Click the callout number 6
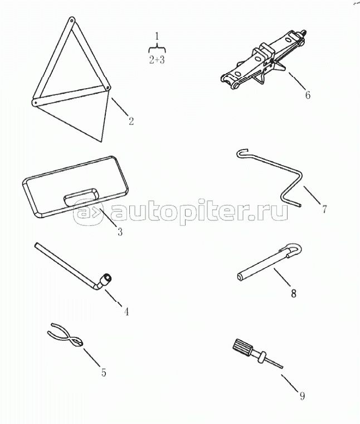(x=308, y=95)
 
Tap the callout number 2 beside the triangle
(x=131, y=121)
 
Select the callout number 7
(x=324, y=209)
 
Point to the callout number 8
(x=294, y=293)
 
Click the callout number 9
(x=302, y=396)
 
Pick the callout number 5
(x=104, y=372)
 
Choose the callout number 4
(x=127, y=312)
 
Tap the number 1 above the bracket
(x=157, y=36)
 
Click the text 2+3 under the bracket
(x=157, y=60)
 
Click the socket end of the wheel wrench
(x=106, y=278)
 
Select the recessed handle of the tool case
(x=81, y=196)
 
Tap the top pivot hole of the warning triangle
(x=71, y=20)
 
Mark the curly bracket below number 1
(x=157, y=49)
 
